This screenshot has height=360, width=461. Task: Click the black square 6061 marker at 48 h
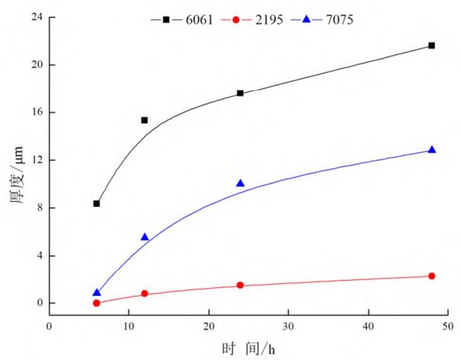tap(431, 45)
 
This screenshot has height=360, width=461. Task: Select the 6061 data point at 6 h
tap(97, 203)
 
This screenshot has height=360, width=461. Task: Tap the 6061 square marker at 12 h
tap(145, 120)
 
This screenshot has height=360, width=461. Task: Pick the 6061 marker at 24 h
tap(240, 93)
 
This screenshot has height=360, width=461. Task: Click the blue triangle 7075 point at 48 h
tap(431, 150)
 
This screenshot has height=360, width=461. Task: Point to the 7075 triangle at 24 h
tap(240, 183)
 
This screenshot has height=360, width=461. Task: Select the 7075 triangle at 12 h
tap(145, 237)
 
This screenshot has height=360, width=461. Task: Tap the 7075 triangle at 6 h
tap(97, 292)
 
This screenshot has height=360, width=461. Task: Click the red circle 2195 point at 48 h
tap(431, 276)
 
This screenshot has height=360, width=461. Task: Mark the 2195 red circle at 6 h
tap(97, 303)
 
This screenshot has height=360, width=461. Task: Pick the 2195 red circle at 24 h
tap(240, 285)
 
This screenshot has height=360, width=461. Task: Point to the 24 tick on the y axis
tap(37, 17)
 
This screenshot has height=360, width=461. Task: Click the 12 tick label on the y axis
tap(37, 160)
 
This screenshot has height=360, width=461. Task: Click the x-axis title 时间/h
tap(248, 348)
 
